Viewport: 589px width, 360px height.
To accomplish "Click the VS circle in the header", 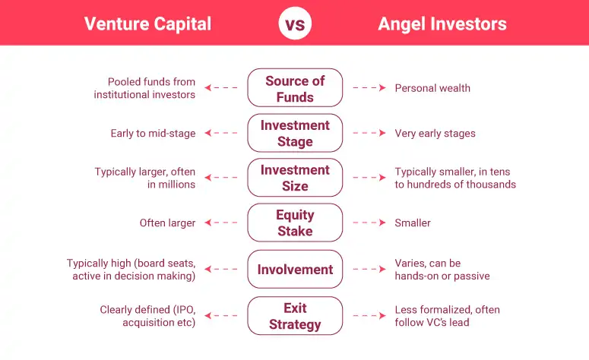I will point(295,24).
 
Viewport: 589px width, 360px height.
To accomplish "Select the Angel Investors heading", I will point(442,24).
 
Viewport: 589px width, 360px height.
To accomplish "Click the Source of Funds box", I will point(295,88).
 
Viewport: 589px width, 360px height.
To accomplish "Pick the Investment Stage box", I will point(295,133).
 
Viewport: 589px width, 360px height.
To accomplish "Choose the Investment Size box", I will point(295,178).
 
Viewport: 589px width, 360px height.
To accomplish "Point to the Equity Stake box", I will point(295,223).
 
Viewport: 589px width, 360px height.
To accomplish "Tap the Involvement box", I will point(295,269).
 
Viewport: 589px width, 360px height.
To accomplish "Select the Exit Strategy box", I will point(295,316).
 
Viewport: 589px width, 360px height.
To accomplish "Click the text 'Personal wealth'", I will point(432,88).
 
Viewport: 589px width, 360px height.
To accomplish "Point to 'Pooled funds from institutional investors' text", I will point(145,88).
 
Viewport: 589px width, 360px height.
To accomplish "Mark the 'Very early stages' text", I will point(435,133).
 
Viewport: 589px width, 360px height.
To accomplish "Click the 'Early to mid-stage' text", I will point(153,133).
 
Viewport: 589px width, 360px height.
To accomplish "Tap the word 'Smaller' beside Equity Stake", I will point(413,223).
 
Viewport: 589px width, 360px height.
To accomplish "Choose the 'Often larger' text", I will point(167,223).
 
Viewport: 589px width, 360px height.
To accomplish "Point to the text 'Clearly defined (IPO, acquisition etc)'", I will point(147,316).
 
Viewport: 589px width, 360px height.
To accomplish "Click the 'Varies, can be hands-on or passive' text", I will point(442,270).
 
